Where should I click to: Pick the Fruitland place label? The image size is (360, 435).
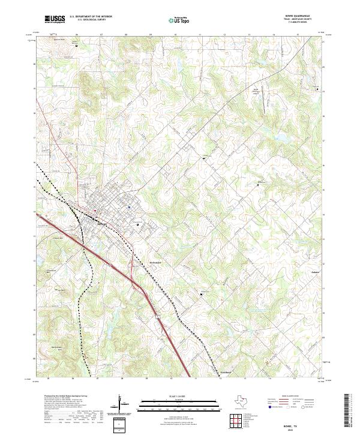click(x=223, y=372)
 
